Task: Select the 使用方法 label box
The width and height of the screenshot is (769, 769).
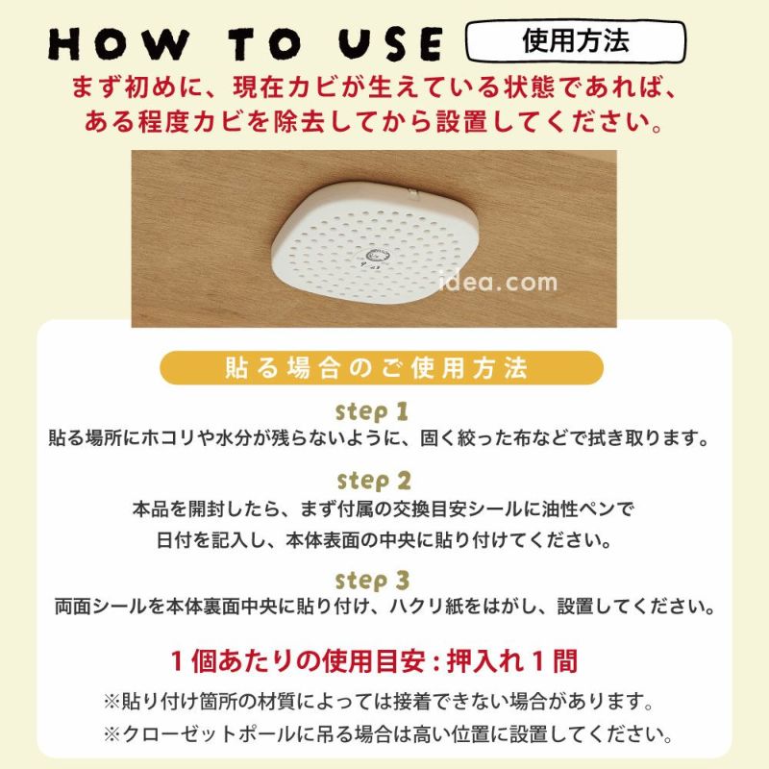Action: point(575,42)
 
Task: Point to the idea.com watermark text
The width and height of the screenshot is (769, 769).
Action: point(498,283)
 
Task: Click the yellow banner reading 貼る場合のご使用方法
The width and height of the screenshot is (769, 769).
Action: point(382,367)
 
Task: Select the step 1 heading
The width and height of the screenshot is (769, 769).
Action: point(372,411)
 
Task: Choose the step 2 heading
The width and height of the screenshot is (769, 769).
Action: point(373,480)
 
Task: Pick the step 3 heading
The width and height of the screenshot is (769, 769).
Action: point(373,581)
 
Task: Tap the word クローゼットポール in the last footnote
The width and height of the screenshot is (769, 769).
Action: point(217,735)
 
